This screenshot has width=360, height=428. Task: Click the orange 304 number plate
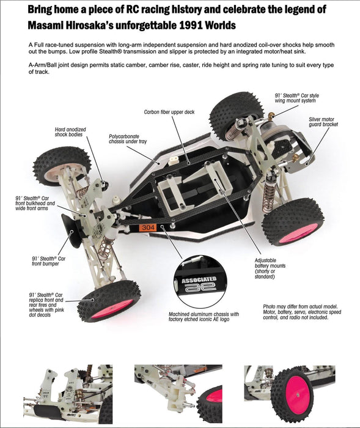(148, 227)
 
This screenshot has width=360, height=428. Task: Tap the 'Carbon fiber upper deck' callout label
(169, 112)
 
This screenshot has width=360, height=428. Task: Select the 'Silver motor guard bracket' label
(323, 122)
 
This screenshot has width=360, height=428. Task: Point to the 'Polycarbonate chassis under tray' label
(128, 139)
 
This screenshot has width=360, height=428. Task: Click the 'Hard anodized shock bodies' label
(70, 132)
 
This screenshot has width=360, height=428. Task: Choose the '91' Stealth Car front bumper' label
(48, 261)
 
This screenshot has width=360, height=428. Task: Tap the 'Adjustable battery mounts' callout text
(270, 268)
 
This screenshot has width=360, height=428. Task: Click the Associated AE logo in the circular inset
(199, 284)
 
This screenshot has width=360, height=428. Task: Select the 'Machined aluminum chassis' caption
(204, 317)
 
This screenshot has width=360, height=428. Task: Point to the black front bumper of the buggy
(71, 230)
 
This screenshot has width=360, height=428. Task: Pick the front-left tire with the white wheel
(61, 167)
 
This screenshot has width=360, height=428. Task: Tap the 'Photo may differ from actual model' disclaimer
(302, 312)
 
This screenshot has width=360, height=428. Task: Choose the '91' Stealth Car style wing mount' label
(296, 98)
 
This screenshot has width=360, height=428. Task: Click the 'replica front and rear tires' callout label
(46, 305)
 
